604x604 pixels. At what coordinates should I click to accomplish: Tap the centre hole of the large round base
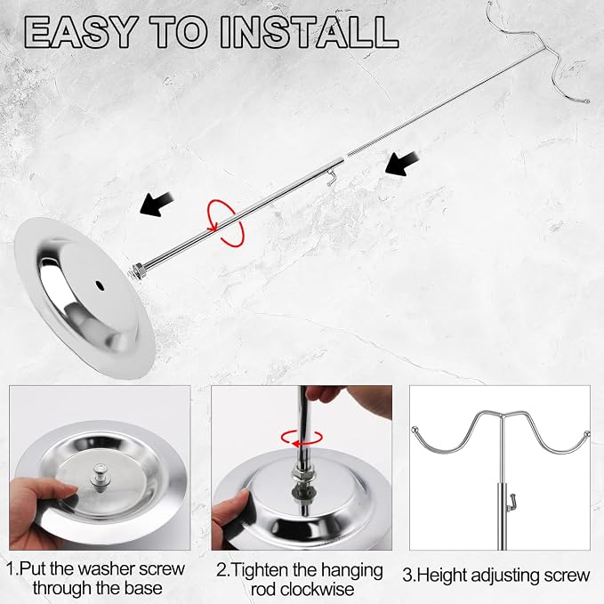[x=100, y=286]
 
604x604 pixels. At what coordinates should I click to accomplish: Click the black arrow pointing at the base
[x=157, y=205]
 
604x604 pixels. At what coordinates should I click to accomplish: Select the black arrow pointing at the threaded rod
[x=402, y=164]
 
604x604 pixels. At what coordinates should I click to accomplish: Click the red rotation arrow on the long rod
[x=226, y=223]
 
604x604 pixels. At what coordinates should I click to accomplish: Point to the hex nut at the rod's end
[x=138, y=270]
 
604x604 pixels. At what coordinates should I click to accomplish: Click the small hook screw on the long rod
[x=331, y=178]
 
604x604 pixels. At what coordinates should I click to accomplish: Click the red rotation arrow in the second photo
[x=302, y=439]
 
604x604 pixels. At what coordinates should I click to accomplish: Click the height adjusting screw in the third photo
[x=511, y=501]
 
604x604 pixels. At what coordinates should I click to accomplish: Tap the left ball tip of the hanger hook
[x=415, y=429]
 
